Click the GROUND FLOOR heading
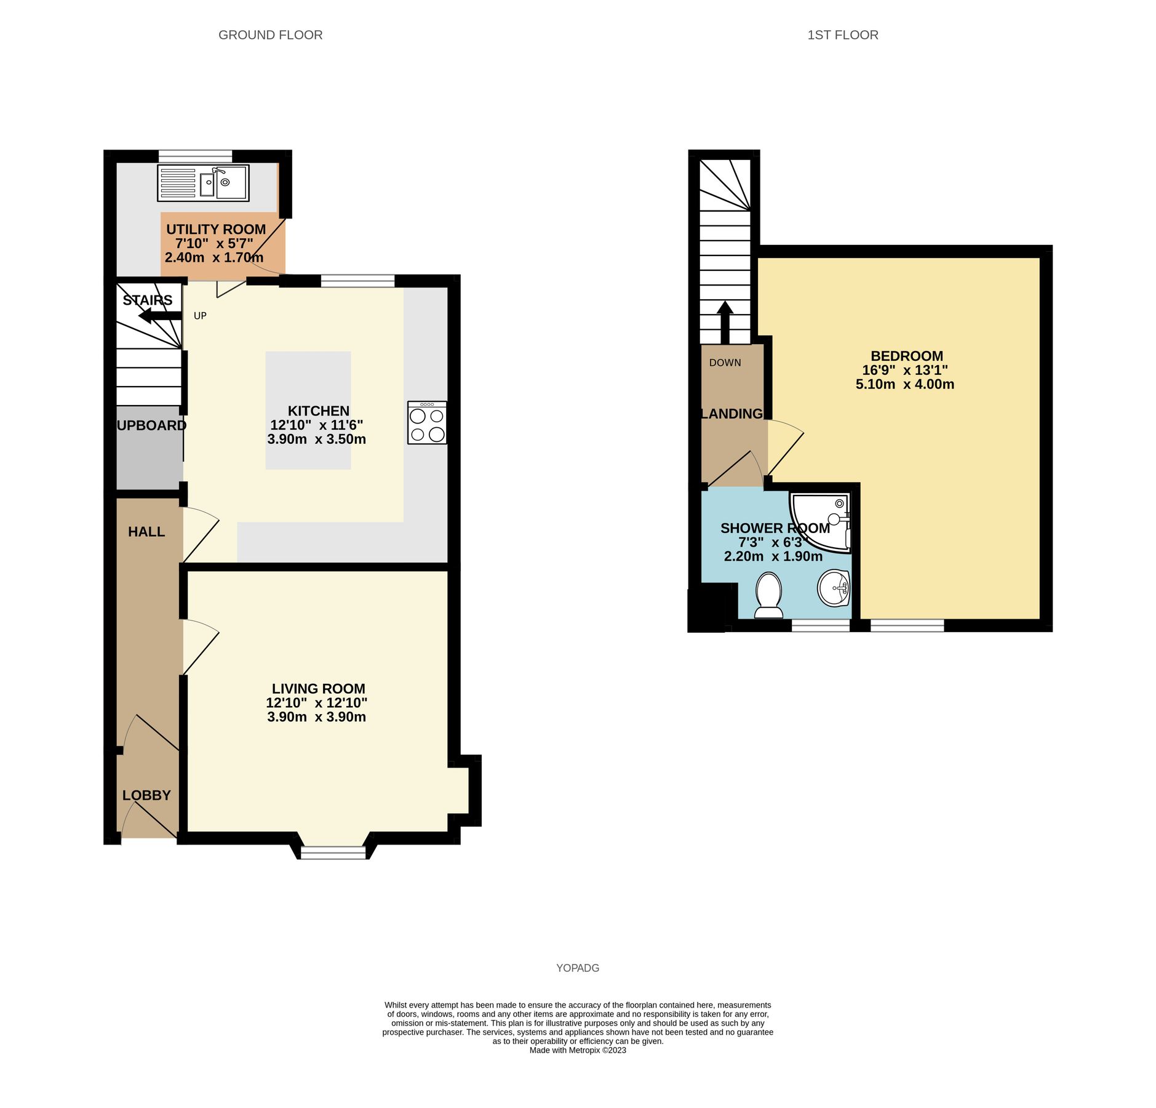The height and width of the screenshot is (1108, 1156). (270, 35)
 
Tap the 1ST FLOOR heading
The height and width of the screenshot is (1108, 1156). (842, 35)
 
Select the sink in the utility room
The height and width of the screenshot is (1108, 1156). (203, 182)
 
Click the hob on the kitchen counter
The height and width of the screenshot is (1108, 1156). (426, 422)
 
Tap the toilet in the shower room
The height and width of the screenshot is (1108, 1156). (768, 595)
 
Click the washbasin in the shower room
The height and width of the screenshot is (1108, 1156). (834, 588)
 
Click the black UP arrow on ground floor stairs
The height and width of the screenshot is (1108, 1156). (159, 316)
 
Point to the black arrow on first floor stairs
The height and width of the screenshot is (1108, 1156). (725, 321)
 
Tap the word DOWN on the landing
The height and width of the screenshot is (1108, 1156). (725, 363)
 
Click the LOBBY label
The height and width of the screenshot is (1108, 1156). (146, 795)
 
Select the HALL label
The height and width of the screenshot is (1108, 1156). (146, 531)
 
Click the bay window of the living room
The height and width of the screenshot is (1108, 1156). (333, 852)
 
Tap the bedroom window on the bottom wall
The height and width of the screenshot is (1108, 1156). (907, 625)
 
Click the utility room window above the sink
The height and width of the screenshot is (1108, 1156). (195, 156)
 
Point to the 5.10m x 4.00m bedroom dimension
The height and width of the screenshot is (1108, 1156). (904, 384)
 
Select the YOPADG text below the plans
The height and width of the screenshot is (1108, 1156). (577, 968)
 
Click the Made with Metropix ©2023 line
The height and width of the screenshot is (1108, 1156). (577, 1050)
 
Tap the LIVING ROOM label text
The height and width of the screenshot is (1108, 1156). (318, 688)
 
